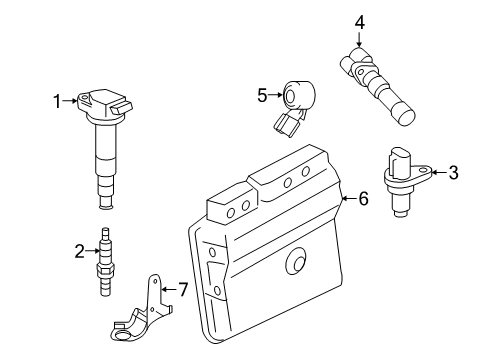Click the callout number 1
(x=57, y=99)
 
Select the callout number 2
(x=79, y=252)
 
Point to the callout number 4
(x=359, y=19)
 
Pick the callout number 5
(x=262, y=96)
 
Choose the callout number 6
(x=363, y=199)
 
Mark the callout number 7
(x=182, y=290)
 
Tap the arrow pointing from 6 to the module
(x=348, y=200)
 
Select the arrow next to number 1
(x=71, y=99)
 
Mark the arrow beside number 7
(x=167, y=290)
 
